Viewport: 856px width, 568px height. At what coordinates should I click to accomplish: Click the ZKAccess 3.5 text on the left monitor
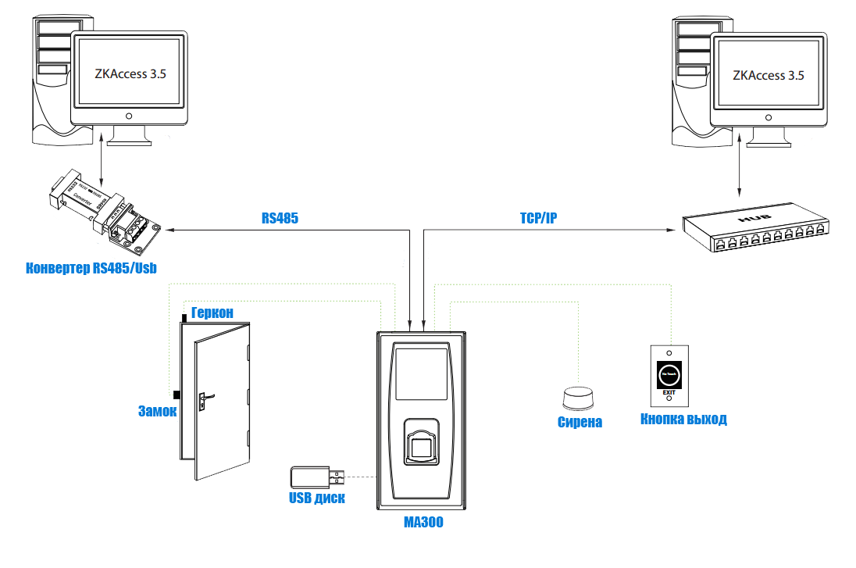click(129, 75)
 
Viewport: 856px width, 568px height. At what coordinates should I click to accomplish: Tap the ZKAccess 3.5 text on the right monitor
click(769, 75)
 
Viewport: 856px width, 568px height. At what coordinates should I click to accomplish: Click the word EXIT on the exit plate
click(669, 392)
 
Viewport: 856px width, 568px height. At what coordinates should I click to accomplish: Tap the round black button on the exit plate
click(669, 374)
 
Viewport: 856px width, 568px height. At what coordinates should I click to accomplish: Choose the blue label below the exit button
click(683, 420)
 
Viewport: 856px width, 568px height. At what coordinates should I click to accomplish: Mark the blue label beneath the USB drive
click(316, 498)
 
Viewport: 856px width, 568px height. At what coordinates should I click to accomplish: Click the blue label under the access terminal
click(423, 522)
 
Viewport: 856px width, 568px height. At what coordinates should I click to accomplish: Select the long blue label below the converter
click(91, 269)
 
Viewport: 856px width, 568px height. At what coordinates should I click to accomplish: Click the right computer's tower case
click(690, 78)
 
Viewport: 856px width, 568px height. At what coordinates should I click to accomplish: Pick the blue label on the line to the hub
click(538, 217)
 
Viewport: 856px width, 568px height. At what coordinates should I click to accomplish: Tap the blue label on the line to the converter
click(280, 218)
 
